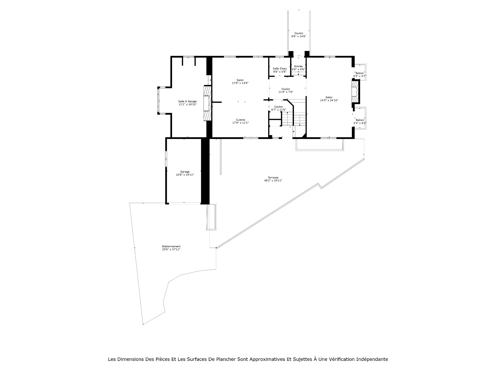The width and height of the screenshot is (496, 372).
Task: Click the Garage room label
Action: (185, 172)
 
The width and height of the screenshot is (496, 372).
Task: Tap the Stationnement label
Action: (171, 246)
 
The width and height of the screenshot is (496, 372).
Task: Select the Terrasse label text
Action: (273, 177)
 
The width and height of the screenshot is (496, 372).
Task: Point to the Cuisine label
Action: (241, 120)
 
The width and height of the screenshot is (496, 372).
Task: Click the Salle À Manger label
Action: (188, 101)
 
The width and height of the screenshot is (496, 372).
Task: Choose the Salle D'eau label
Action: (280, 68)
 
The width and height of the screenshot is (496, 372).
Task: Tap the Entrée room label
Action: (298, 66)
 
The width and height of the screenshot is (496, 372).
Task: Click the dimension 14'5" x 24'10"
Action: (329, 100)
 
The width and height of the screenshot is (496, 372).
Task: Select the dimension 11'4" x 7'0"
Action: (286, 92)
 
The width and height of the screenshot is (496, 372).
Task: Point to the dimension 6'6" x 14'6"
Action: (299, 36)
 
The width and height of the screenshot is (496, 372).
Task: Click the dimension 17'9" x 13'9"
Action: (240, 83)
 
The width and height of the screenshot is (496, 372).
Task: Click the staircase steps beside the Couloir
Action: (294, 120)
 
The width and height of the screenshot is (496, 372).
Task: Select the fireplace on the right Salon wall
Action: (355, 92)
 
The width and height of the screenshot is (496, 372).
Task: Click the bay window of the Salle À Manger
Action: (158, 100)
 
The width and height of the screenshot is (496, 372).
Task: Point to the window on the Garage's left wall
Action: (166, 158)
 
